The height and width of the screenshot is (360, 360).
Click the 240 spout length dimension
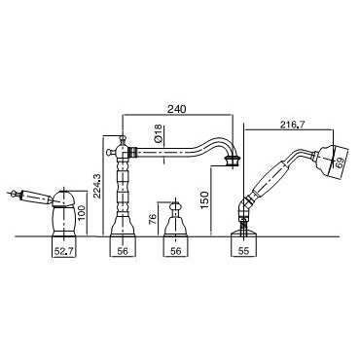coord(177,109)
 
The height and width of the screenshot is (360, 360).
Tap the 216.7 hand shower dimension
coord(291,125)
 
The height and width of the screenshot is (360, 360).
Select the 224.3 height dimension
coord(97,188)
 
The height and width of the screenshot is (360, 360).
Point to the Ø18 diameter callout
coord(158,134)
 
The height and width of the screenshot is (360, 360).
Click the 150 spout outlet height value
coord(204,200)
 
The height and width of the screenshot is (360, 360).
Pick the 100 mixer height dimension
coord(82,213)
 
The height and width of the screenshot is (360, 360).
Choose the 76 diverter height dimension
coord(153,218)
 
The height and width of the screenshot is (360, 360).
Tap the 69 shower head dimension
coord(340,162)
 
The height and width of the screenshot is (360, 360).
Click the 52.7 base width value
coord(63,251)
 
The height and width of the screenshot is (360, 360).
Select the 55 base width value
coord(243,251)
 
